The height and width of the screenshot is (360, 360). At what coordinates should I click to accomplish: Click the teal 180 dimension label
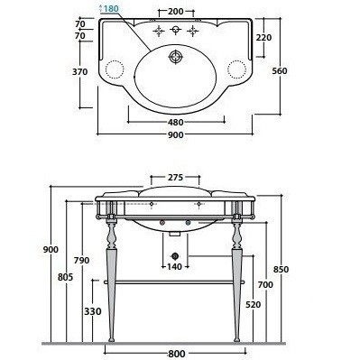point(111,9)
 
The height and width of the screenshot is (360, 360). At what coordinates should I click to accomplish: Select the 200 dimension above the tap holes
point(176,12)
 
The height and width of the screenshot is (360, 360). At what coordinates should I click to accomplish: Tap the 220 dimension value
point(263,38)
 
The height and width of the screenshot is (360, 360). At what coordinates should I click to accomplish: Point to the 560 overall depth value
point(280,71)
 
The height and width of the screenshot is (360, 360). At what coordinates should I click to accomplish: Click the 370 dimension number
point(80,72)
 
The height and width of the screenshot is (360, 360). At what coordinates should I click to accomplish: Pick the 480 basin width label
point(176,123)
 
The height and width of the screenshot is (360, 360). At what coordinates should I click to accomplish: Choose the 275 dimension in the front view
point(175,178)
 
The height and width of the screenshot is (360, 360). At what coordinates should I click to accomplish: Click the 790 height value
point(81,260)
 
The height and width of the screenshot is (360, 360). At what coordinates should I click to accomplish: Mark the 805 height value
point(66,277)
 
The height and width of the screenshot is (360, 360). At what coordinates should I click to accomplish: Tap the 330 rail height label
point(93,311)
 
